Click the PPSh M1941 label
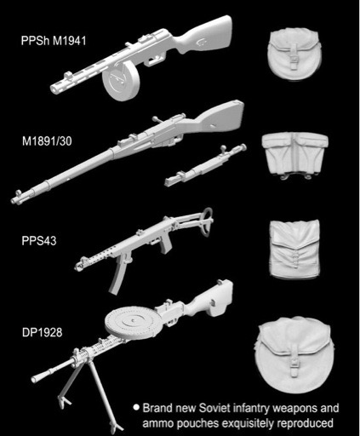click(x=54, y=41)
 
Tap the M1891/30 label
click(x=47, y=141)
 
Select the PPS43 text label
click(x=39, y=241)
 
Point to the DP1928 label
click(x=42, y=332)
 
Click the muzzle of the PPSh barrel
click(x=54, y=89)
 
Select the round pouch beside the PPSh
click(x=294, y=55)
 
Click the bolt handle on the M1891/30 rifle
click(x=156, y=119)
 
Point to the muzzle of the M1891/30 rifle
click(x=14, y=201)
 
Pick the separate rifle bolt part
click(x=206, y=165)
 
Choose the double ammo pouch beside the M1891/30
click(x=295, y=156)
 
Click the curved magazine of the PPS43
click(x=117, y=278)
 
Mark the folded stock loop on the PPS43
click(x=207, y=221)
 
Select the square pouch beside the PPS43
click(x=294, y=249)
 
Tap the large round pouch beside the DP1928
click(x=295, y=355)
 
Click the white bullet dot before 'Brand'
click(x=136, y=408)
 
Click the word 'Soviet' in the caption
click(x=214, y=408)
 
